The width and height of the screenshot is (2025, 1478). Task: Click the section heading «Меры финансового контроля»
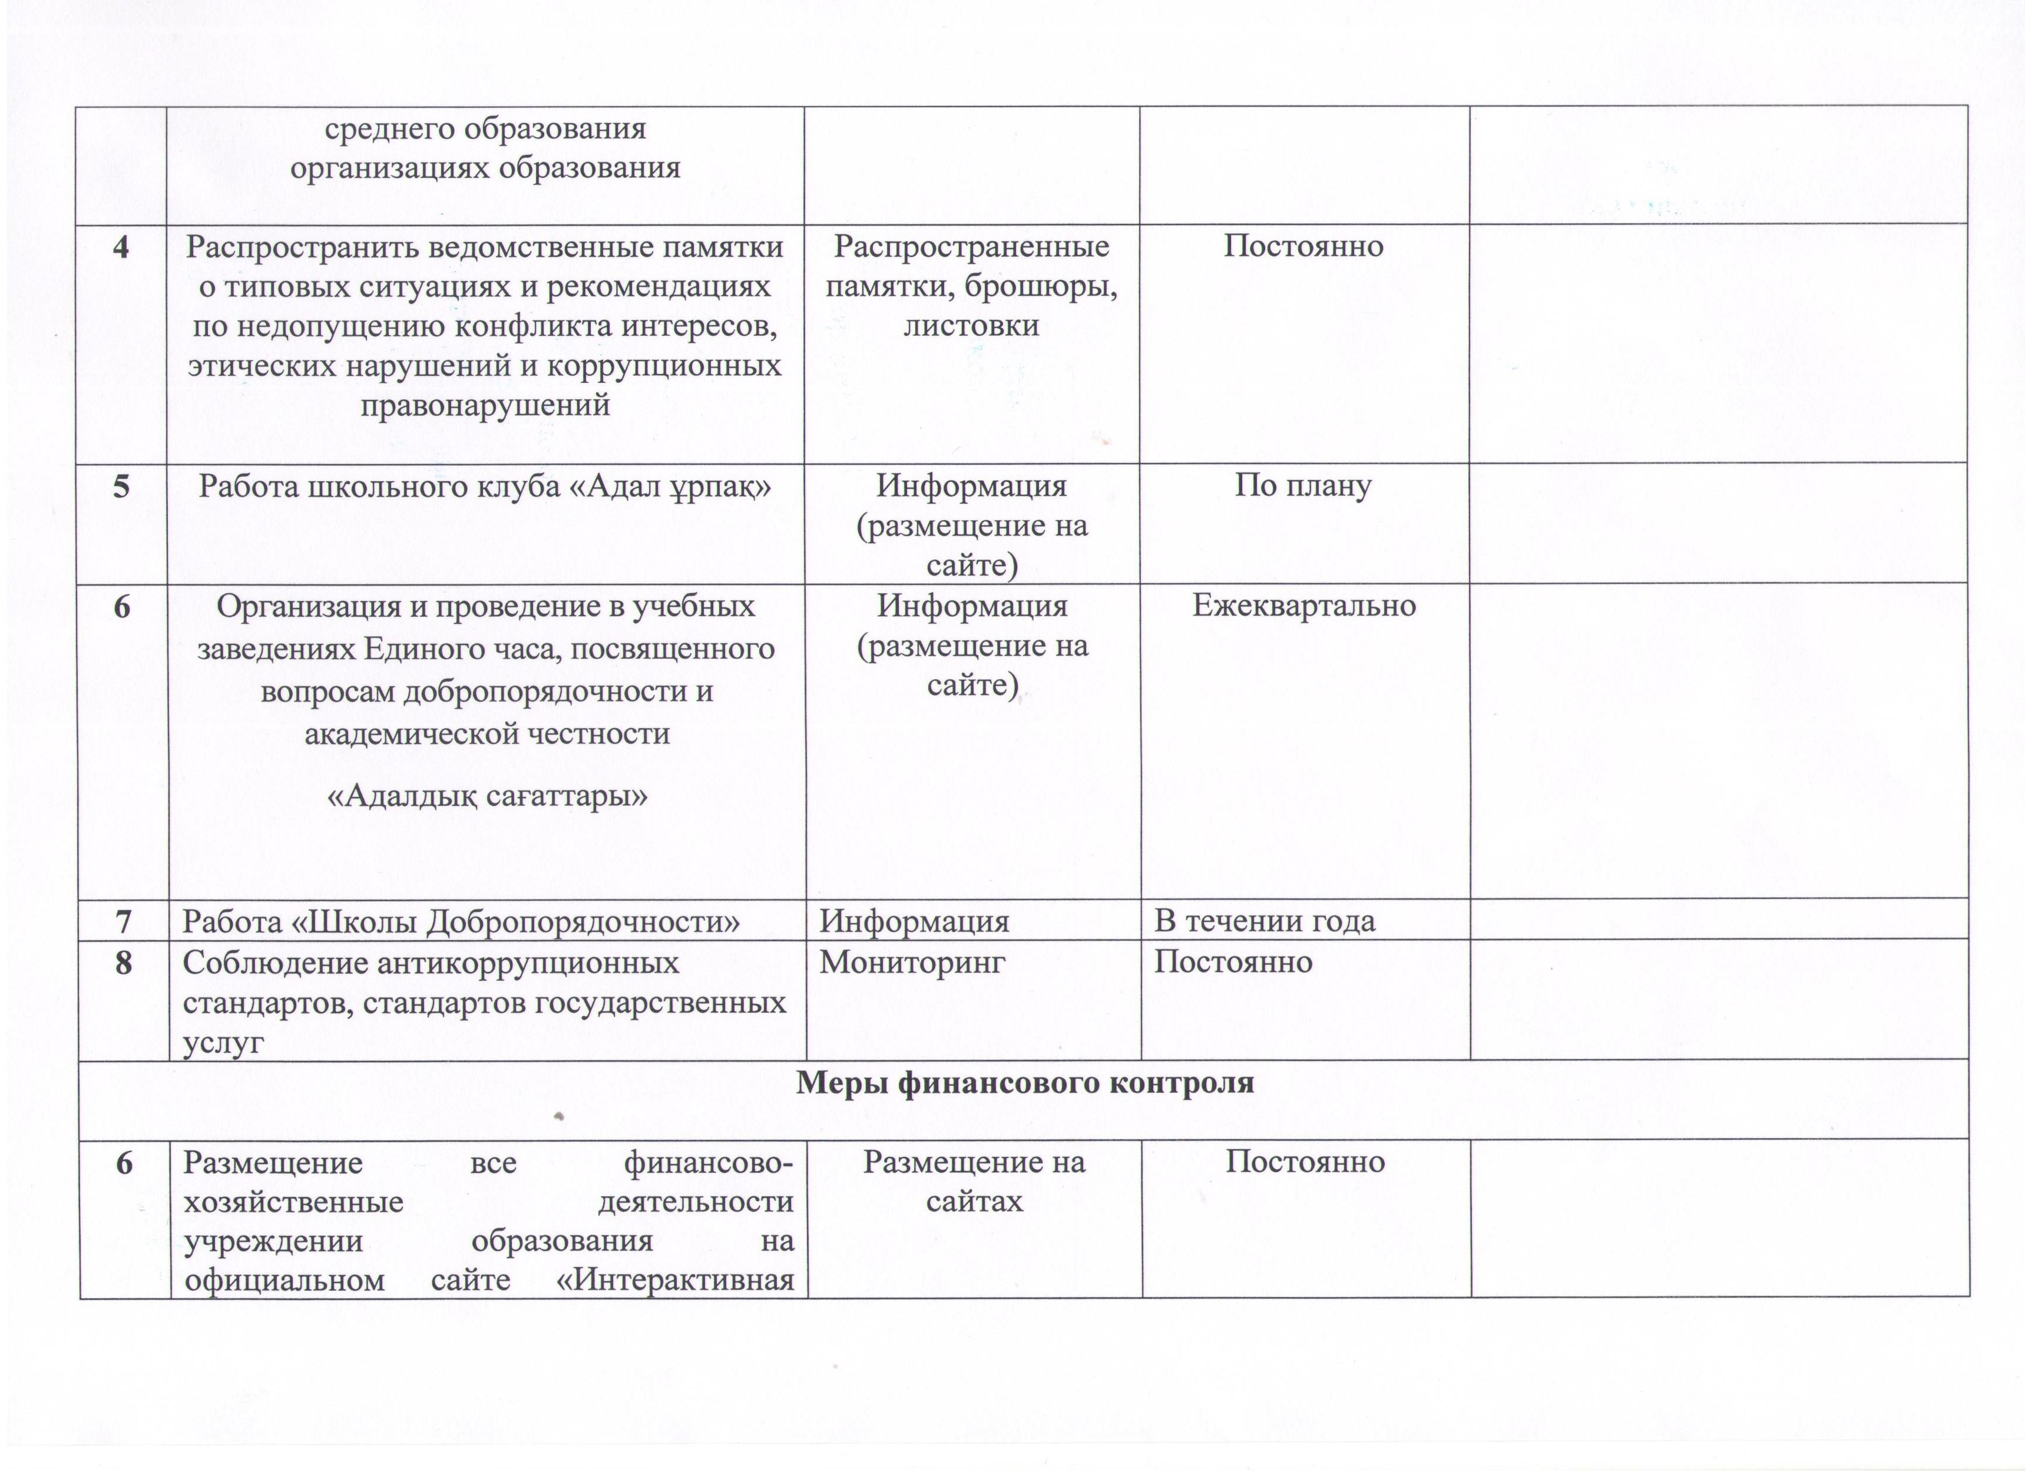coord(1025,1083)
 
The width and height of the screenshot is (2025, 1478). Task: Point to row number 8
coord(124,963)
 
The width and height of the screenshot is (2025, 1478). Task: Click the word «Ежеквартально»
coord(1304,606)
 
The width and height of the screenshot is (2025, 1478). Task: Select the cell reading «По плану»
coord(1303,486)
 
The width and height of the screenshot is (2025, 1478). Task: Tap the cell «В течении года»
coord(1265,921)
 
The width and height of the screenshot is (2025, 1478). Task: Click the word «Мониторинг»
coord(912,963)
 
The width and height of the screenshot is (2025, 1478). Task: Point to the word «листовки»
coord(971,325)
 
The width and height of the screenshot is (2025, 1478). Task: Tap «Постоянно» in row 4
coord(1303,246)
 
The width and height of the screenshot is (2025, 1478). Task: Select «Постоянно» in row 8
coord(1233,963)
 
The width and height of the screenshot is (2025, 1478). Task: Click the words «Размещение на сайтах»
coord(974,1181)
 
